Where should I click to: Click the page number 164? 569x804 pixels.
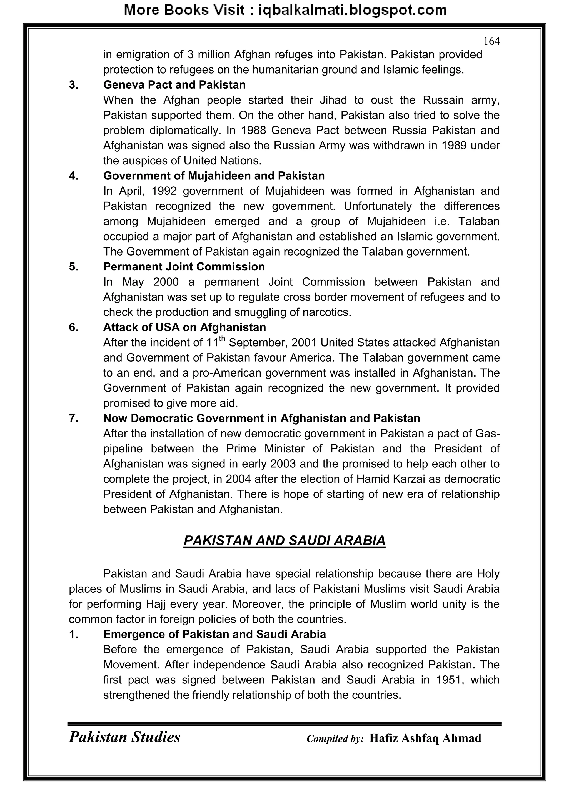pos(491,41)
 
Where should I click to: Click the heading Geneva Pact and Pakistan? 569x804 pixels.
pos(174,85)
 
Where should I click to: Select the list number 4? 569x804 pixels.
pos(74,176)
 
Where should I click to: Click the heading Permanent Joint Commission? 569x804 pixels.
pos(184,267)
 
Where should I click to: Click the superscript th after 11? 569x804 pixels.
pos(222,338)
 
